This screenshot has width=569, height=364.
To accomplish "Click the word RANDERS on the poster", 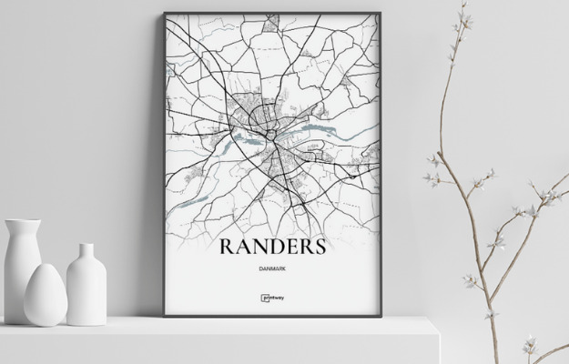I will (x=271, y=248).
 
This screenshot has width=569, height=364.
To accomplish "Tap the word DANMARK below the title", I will (x=271, y=269).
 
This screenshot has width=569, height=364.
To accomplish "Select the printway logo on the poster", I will (x=271, y=297).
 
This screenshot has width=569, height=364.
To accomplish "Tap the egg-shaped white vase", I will (x=45, y=294).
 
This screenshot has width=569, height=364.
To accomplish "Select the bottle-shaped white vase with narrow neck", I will (x=86, y=283).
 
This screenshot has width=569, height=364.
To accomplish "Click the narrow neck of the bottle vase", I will (x=86, y=251).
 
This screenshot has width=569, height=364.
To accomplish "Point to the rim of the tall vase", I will (x=20, y=221).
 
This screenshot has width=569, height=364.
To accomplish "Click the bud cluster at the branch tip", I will (x=466, y=13).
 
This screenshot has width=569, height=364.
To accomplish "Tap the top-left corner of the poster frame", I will (x=166, y=14).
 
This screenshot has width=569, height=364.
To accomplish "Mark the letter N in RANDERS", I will (x=254, y=248).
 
